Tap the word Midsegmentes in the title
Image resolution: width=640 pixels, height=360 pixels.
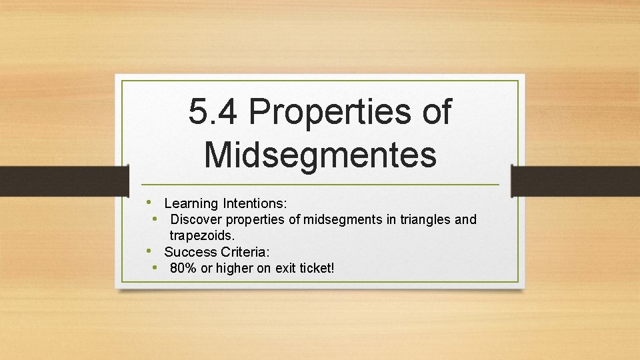pos(320,153)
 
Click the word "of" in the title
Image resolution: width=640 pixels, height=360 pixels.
pos(437,112)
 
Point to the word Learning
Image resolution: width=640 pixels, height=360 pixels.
pos(191,203)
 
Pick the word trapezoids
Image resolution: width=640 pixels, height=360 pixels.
pos(203,235)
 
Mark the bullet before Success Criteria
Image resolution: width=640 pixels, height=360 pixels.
pos(151,251)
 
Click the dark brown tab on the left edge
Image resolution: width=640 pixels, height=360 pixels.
pos(64,181)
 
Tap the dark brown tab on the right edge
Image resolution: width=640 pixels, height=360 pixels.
pos(575,181)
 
